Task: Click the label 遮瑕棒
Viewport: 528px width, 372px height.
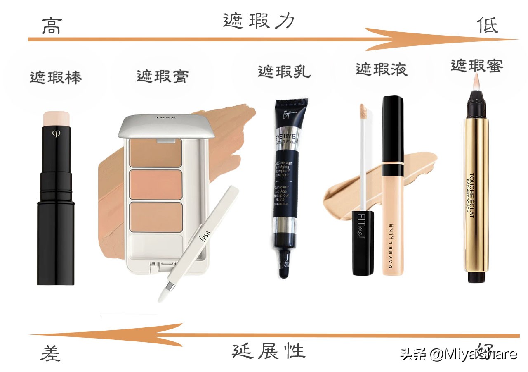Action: point(56,77)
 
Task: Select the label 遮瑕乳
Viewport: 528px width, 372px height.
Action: point(284,72)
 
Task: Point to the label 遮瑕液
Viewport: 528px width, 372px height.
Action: point(382,69)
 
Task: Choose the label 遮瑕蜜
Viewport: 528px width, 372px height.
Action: point(477,65)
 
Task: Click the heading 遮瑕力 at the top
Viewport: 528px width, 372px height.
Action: point(259,20)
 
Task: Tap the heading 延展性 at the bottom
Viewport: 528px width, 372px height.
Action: point(269,351)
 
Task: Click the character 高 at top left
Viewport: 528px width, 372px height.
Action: point(52,26)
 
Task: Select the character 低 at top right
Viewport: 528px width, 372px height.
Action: point(488,25)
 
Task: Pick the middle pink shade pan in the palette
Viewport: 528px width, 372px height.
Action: point(156,184)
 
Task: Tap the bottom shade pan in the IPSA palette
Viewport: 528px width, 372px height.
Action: point(156,216)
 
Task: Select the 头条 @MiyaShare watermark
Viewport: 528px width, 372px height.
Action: point(458,354)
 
